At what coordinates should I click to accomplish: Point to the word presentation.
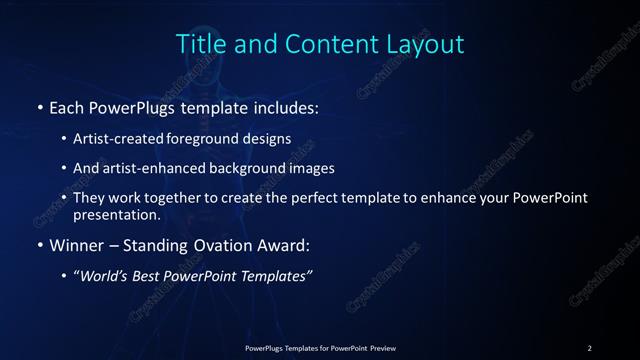click(x=116, y=214)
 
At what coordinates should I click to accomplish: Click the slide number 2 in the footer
click(x=590, y=347)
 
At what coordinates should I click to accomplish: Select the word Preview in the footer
click(x=381, y=347)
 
